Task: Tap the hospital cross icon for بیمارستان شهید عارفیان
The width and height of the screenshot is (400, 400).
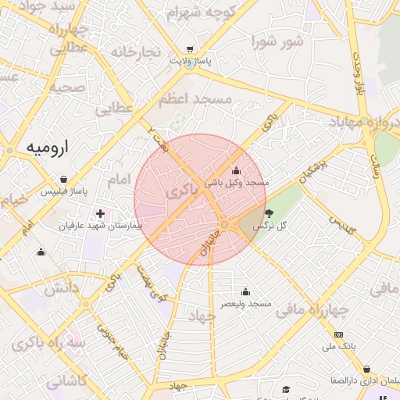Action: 100,213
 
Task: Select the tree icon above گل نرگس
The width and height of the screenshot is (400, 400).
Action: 270,213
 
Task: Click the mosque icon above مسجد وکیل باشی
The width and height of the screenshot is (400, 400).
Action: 236,170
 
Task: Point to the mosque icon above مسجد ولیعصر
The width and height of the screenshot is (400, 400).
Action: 245,291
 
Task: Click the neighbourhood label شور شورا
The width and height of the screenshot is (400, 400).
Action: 277,41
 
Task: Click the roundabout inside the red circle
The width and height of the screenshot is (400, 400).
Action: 225,225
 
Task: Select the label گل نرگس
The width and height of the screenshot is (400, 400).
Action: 273,225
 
